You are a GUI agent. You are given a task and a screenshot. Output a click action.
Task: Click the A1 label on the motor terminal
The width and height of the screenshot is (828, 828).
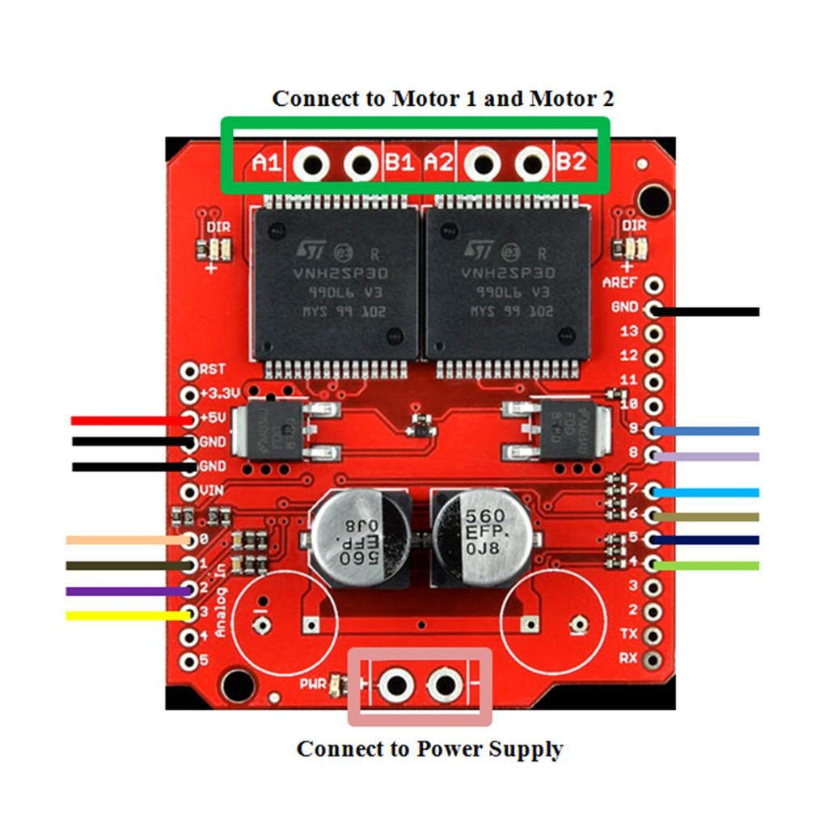tap(265, 163)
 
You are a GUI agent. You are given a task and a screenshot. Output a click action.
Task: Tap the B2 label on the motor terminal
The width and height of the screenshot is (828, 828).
tap(571, 163)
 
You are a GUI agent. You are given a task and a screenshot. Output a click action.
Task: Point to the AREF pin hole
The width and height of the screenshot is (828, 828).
tap(654, 284)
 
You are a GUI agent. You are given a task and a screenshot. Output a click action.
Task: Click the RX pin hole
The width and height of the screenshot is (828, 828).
tap(654, 657)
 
